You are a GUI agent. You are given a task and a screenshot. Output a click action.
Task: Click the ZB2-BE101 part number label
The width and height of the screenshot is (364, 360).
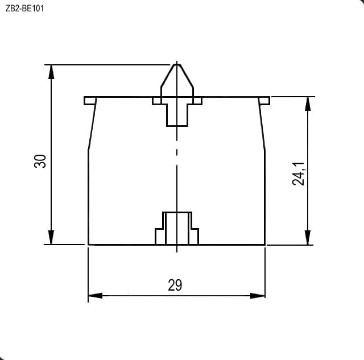[24, 9]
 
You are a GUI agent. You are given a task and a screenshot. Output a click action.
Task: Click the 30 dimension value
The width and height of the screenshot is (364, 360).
[40, 161]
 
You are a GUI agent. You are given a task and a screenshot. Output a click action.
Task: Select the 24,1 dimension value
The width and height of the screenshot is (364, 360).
[298, 173]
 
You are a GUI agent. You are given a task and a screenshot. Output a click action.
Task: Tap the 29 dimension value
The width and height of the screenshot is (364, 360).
[175, 285]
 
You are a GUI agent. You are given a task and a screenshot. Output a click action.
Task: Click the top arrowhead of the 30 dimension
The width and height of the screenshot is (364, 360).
[51, 72]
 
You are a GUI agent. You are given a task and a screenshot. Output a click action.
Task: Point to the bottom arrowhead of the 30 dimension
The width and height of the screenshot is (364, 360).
[51, 237]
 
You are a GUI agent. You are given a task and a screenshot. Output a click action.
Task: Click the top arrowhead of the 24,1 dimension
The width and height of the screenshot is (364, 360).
[308, 104]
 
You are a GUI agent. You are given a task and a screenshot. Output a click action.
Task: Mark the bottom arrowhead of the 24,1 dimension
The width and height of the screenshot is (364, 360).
[308, 238]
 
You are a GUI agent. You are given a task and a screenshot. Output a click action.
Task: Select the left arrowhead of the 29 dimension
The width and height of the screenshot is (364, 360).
[96, 296]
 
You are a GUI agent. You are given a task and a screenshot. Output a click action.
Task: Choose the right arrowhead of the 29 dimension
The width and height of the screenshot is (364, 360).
[258, 296]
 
